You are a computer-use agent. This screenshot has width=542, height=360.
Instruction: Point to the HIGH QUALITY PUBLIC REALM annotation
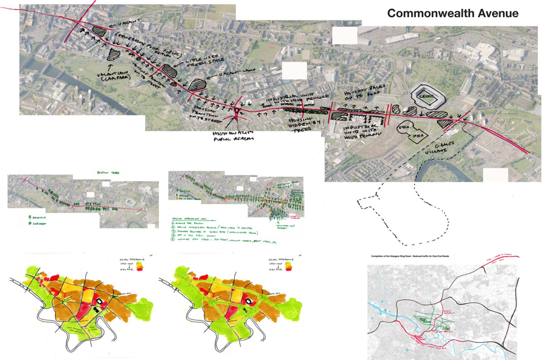point(233,136)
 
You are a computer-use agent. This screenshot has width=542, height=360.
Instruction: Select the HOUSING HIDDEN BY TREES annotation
point(304,124)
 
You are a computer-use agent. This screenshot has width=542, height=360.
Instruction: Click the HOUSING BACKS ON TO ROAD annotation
point(365,92)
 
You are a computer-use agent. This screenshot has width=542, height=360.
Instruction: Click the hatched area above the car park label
point(114,54)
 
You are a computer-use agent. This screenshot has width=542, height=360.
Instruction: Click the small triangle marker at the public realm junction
point(237,111)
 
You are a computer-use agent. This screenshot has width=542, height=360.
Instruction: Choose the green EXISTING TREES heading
point(108,173)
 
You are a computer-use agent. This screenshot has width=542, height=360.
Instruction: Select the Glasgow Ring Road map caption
point(410,256)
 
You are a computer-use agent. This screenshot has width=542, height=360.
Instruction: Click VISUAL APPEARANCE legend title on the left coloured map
point(132,259)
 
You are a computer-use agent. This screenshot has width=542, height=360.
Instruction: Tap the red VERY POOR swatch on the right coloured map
point(288,269)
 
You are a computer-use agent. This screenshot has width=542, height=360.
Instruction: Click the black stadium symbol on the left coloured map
point(99,302)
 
